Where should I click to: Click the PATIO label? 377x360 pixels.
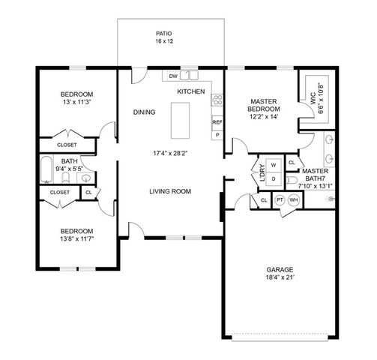[163, 34]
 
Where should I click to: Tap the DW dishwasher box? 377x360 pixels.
[173, 76]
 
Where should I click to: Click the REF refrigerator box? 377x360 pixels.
[217, 121]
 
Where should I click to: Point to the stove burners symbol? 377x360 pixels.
[217, 100]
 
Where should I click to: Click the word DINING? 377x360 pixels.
[144, 112]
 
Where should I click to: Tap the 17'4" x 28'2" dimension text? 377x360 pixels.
[169, 154]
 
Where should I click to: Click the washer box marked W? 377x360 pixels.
[274, 165]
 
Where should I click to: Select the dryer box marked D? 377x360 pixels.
[274, 179]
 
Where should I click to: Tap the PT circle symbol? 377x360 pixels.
[280, 200]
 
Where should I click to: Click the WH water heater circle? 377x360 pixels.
[293, 200]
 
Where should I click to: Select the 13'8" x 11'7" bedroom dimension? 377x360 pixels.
[76, 239]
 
